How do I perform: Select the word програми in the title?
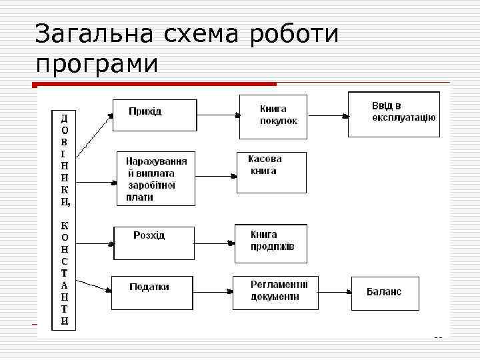click(97, 65)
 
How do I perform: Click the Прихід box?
click(155, 115)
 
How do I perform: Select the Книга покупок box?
click(273, 117)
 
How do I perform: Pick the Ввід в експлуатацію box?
click(394, 114)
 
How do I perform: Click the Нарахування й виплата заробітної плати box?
click(156, 178)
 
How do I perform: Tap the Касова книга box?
click(271, 172)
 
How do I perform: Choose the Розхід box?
click(154, 243)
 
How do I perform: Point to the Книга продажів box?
click(271, 243)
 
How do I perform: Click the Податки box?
click(153, 292)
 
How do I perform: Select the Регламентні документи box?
click(275, 292)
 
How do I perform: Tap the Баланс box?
click(386, 292)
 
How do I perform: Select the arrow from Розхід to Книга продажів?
click(214, 243)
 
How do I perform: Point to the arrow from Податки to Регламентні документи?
click(213, 292)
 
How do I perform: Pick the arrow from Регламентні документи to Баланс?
click(335, 292)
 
